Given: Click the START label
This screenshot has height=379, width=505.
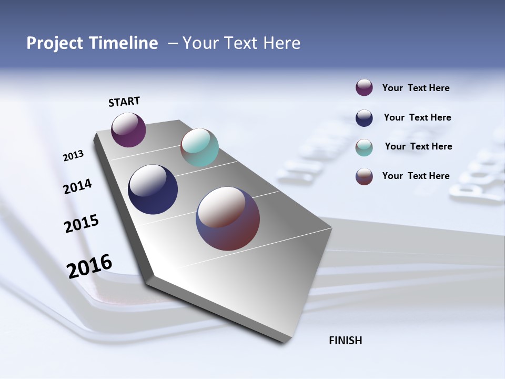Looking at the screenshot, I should pyautogui.click(x=124, y=102).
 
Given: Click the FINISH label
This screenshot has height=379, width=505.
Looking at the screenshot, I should pyautogui.click(x=345, y=341).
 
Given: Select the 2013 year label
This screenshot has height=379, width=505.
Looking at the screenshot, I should pyautogui.click(x=73, y=156).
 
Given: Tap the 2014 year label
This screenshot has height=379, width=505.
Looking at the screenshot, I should pyautogui.click(x=77, y=187).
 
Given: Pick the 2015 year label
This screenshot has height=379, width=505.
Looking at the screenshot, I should pyautogui.click(x=81, y=224).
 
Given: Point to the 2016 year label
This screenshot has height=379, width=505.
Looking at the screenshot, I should pyautogui.click(x=89, y=266).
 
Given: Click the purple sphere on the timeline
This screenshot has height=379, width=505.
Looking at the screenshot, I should pyautogui.click(x=128, y=129).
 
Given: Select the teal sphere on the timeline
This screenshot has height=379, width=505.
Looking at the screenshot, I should pyautogui.click(x=199, y=147).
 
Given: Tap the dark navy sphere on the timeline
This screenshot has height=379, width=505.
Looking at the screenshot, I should pyautogui.click(x=153, y=189).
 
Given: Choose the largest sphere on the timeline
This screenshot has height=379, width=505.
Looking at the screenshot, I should pyautogui.click(x=228, y=218).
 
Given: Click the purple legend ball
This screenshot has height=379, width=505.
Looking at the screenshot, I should pyautogui.click(x=364, y=87).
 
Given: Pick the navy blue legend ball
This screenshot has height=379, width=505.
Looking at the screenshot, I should pyautogui.click(x=364, y=118).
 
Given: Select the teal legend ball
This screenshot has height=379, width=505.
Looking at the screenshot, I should pyautogui.click(x=364, y=147).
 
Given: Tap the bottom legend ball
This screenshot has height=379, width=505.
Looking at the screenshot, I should pyautogui.click(x=364, y=176).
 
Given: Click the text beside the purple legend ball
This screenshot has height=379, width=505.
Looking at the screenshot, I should pyautogui.click(x=416, y=88).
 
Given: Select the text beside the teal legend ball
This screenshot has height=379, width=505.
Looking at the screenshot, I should pyautogui.click(x=418, y=146).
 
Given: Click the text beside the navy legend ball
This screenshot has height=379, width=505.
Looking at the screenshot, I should pyautogui.click(x=417, y=117).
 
